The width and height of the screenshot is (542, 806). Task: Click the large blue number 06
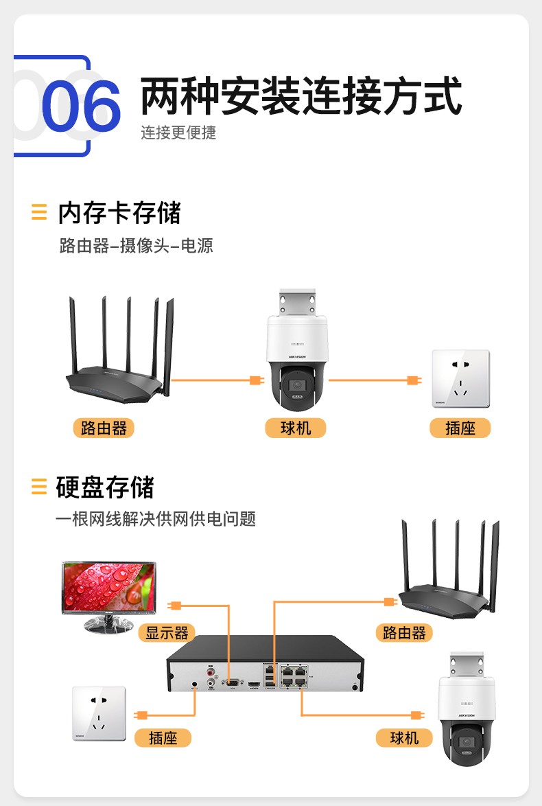click(x=81, y=107)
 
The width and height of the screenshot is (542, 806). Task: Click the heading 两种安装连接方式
click(x=301, y=97)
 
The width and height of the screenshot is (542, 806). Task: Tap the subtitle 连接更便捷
click(x=178, y=133)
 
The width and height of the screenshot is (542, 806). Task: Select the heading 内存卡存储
click(x=119, y=213)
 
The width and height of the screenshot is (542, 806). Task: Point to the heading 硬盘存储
click(x=105, y=487)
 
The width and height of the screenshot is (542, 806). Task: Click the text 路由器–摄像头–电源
click(x=137, y=245)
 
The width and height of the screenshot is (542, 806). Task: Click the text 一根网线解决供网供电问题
click(x=156, y=519)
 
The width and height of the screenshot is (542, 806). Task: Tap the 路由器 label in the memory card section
click(x=104, y=428)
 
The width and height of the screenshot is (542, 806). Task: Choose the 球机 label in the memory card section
click(x=296, y=428)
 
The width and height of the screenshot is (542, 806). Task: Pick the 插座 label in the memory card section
click(x=460, y=428)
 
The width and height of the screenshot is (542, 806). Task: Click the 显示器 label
click(x=167, y=632)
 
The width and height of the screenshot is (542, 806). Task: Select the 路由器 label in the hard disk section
click(x=405, y=632)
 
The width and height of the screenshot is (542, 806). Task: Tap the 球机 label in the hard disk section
click(x=404, y=738)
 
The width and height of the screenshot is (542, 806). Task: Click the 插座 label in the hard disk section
click(x=163, y=738)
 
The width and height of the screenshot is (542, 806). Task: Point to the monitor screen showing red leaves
click(x=109, y=588)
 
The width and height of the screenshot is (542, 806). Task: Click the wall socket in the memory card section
click(x=460, y=379)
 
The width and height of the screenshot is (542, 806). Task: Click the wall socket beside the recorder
click(x=99, y=713)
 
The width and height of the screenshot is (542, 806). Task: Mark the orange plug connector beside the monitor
click(x=175, y=605)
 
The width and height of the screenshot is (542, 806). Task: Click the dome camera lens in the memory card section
click(x=297, y=386)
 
